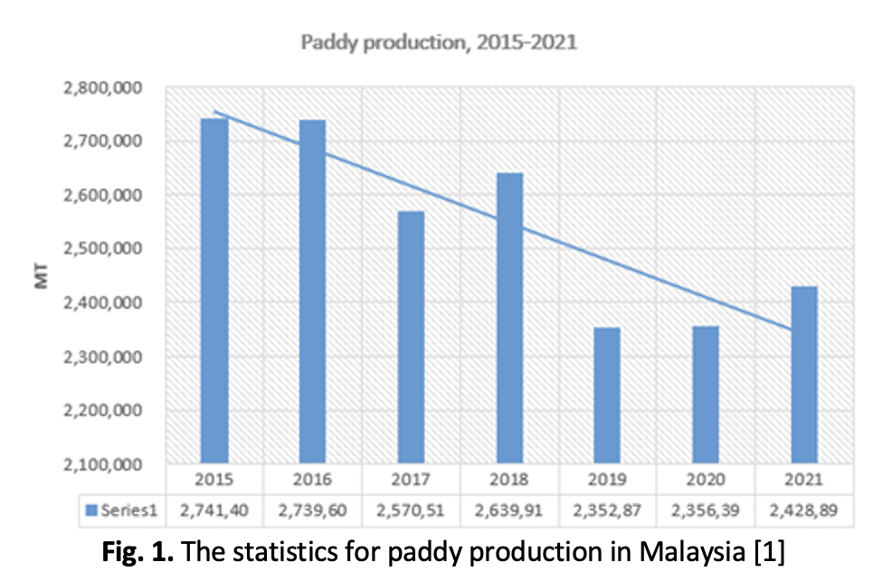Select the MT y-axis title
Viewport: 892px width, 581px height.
[42, 276]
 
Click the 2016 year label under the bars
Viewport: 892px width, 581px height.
[312, 478]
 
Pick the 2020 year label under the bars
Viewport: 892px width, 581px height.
[706, 478]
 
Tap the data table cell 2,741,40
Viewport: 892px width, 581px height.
[214, 510]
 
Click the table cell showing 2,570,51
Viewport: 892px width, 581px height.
[411, 510]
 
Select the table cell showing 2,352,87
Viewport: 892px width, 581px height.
[608, 510]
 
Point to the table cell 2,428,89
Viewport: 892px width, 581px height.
[804, 510]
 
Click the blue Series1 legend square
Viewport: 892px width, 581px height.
[90, 511]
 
